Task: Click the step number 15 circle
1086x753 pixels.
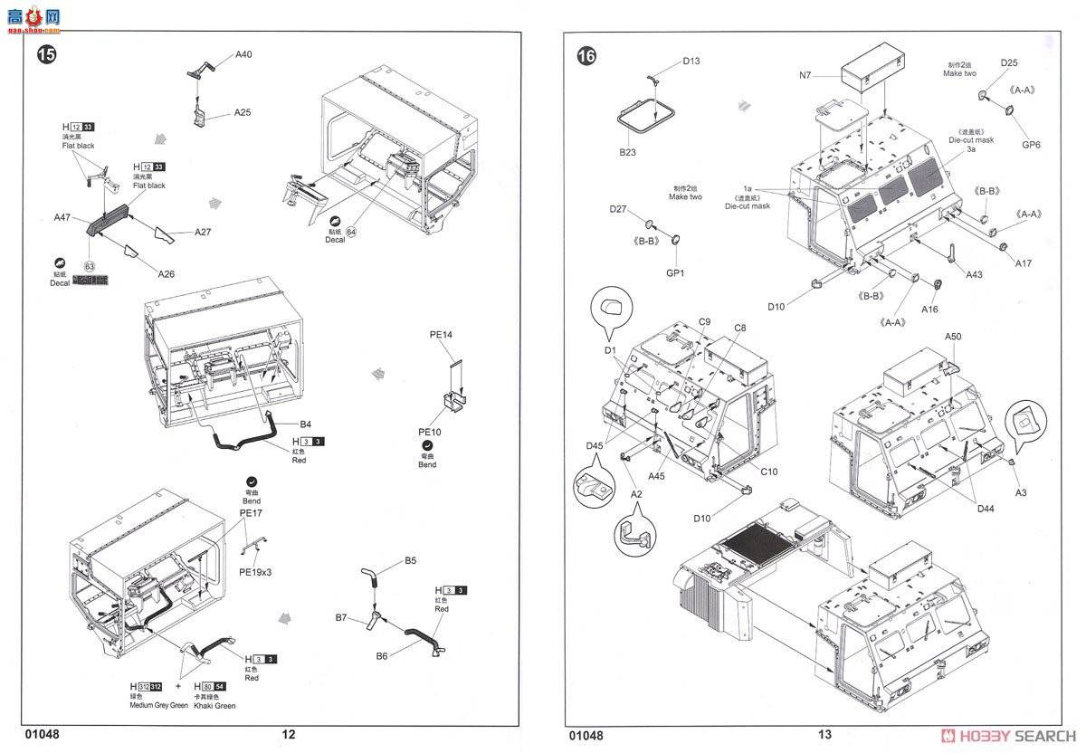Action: (x=45, y=54)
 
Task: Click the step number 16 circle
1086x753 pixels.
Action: (x=586, y=56)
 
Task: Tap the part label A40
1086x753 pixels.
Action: (x=243, y=54)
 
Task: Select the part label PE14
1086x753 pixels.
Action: (x=441, y=335)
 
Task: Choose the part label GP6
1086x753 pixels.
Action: (x=1031, y=144)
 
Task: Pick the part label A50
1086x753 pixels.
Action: (x=953, y=337)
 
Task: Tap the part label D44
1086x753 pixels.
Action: (x=986, y=509)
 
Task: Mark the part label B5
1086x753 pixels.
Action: (x=410, y=560)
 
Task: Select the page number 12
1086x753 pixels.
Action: (x=288, y=735)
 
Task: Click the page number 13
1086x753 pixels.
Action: (x=824, y=735)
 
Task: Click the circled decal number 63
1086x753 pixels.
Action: (x=89, y=266)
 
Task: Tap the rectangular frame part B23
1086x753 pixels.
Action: (x=646, y=116)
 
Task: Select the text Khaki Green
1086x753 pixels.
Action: (x=214, y=705)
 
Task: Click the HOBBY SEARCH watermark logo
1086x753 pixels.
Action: (x=1007, y=735)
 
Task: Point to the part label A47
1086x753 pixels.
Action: (x=62, y=217)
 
